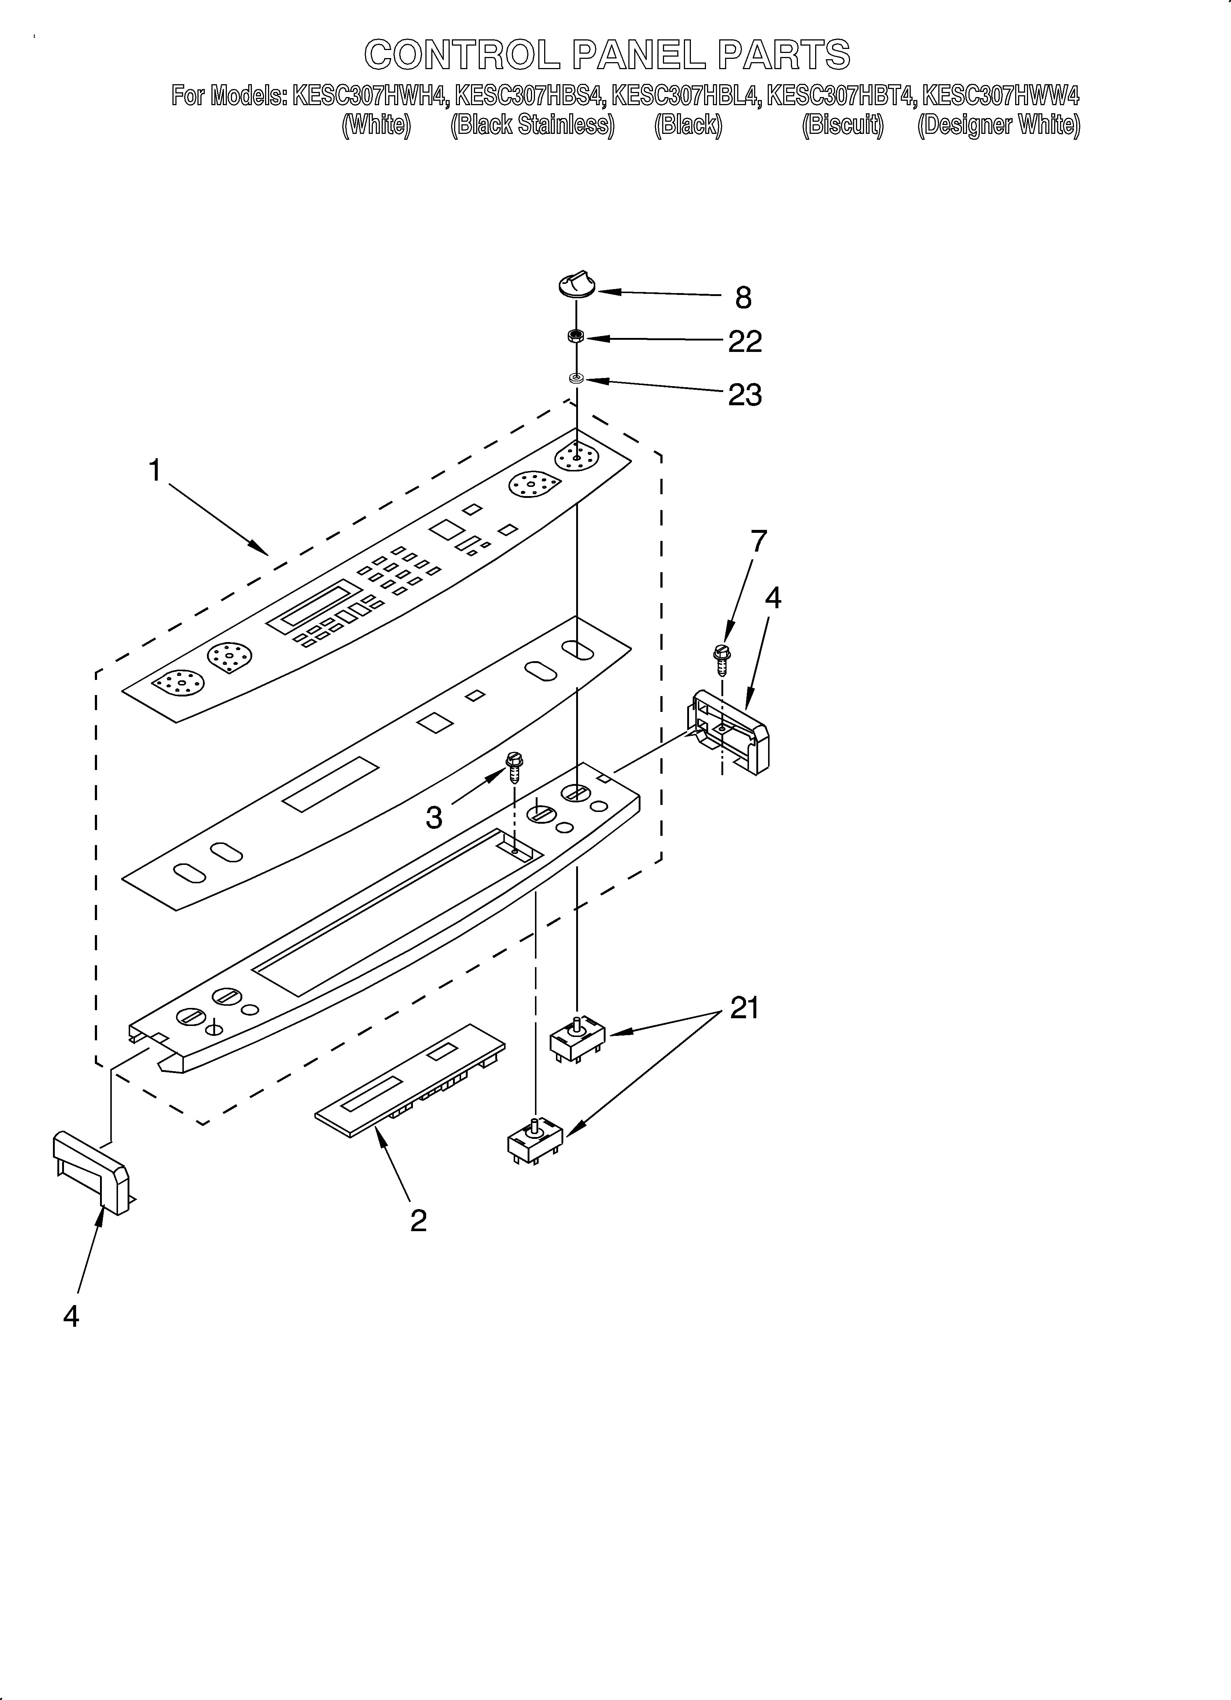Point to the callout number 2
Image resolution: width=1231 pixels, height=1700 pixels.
(418, 1220)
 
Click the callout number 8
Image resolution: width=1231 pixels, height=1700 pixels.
(743, 298)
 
